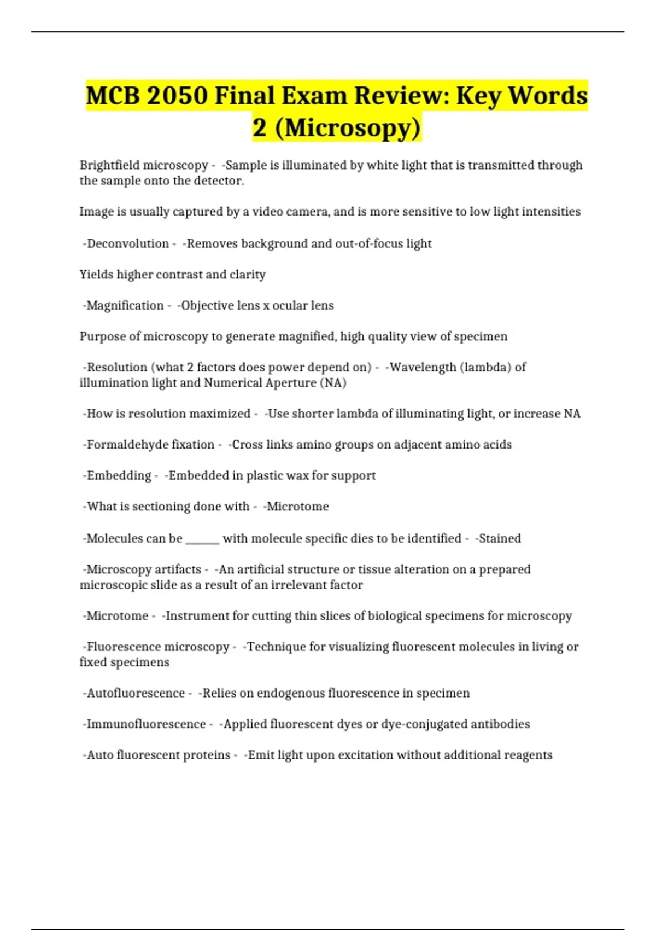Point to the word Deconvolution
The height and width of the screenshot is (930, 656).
[128, 243]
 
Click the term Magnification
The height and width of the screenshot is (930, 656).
[125, 305]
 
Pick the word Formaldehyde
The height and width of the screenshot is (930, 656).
[126, 445]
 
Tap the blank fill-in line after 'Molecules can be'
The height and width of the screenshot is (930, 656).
[202, 539]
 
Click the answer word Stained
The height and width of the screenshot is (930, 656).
[500, 538]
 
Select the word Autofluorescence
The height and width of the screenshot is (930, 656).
[136, 693]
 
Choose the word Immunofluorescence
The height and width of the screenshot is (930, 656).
[146, 724]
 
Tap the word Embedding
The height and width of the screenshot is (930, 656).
[119, 476]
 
